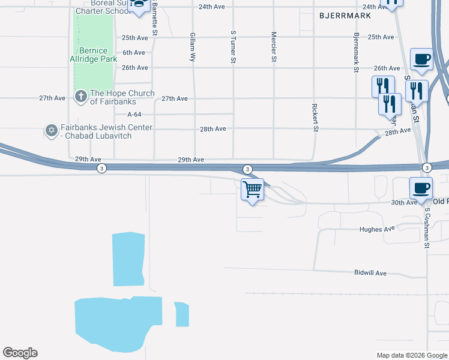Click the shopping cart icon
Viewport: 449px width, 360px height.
[x=253, y=190]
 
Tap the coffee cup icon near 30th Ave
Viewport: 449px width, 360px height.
[x=421, y=188]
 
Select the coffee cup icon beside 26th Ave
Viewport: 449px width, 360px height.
[x=421, y=59]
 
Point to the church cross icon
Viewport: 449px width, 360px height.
[x=80, y=96]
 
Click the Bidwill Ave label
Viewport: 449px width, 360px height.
[x=373, y=272]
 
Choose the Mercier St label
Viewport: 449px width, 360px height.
[x=274, y=47]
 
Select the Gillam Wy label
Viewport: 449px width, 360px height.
[x=193, y=47]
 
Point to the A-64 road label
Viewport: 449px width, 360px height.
[x=134, y=114]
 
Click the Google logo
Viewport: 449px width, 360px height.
[x=20, y=353]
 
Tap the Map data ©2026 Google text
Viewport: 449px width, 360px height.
[x=411, y=355]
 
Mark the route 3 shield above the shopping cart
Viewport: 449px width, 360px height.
[x=247, y=169]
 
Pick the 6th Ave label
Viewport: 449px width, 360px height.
[x=134, y=53]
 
